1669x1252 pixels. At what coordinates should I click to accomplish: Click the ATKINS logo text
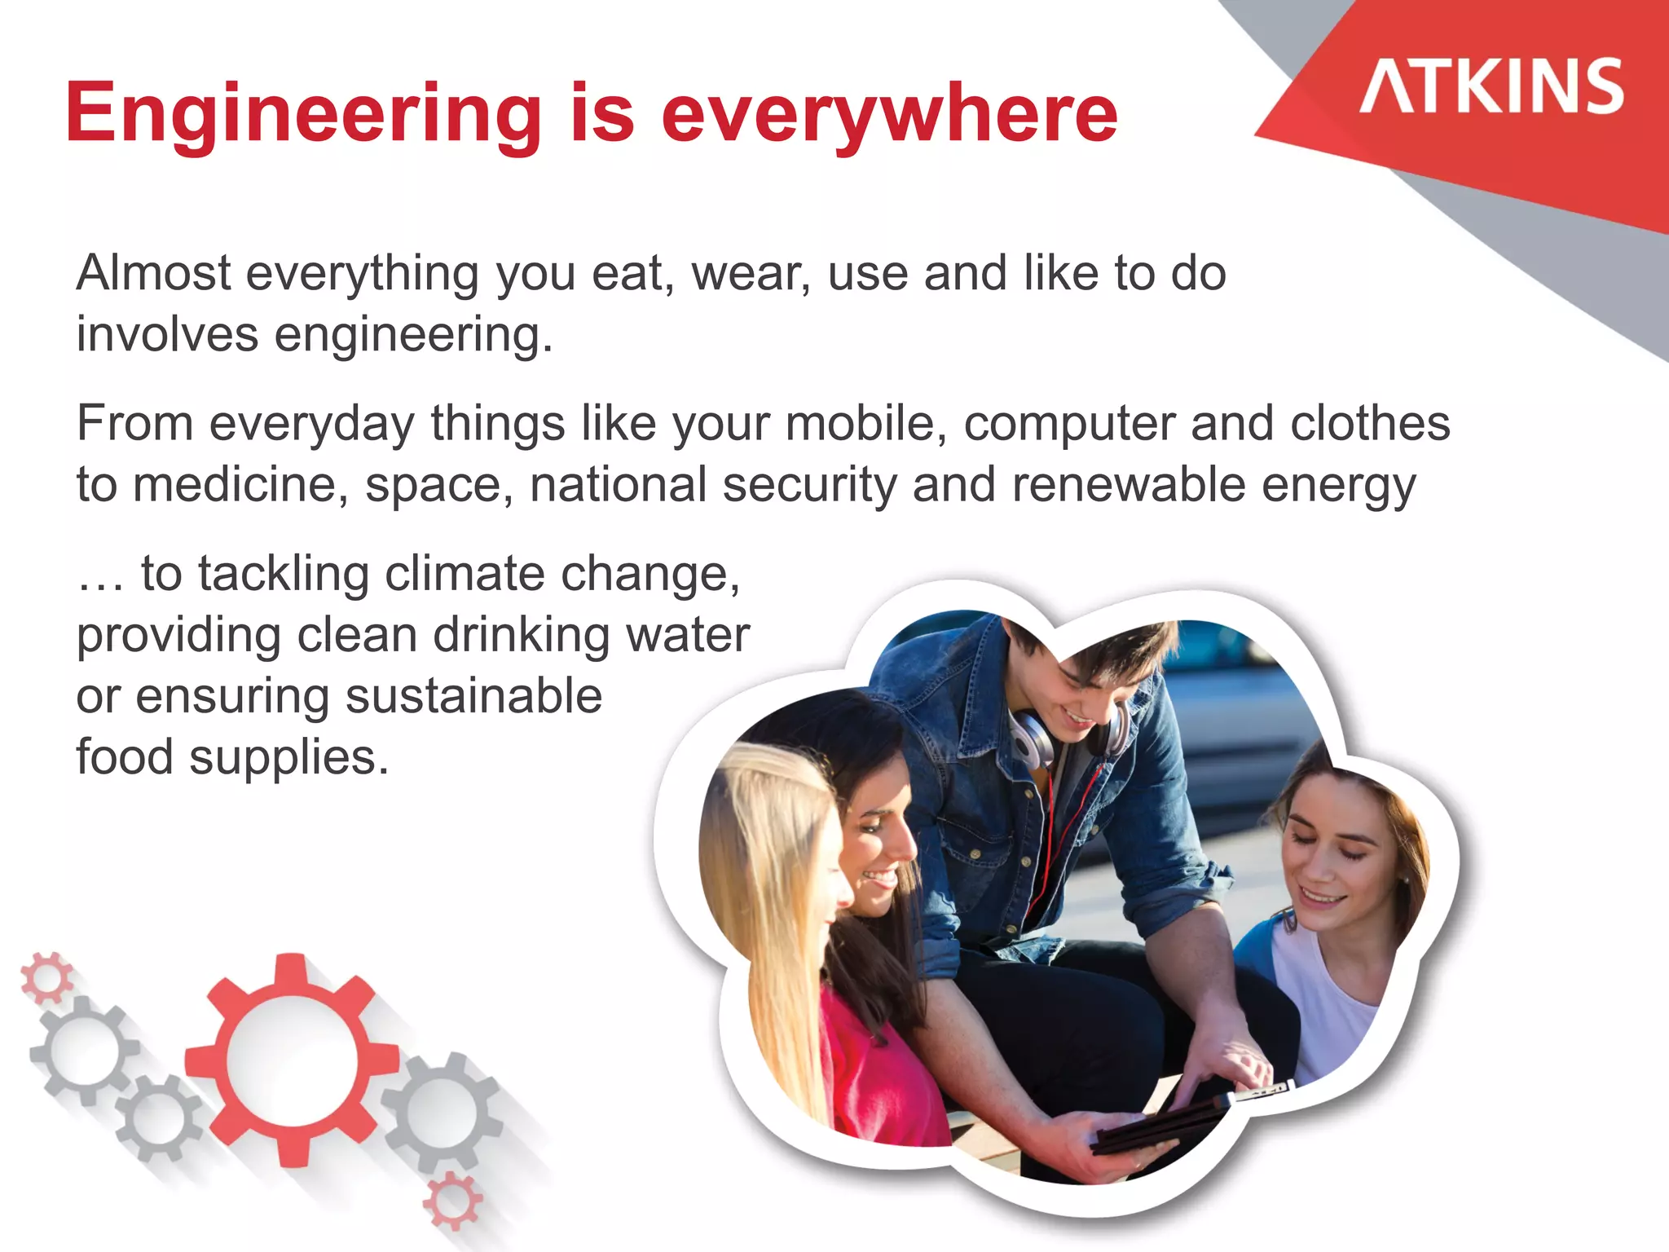[1491, 86]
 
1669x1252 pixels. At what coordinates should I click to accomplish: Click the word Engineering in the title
[303, 114]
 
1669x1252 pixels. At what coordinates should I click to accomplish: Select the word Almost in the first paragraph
[153, 273]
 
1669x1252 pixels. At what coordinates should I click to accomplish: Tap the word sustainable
[473, 696]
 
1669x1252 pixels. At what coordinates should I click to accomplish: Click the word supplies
[288, 758]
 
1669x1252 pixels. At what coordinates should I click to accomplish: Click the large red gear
[291, 1059]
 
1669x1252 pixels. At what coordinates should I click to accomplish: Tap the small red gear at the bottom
[452, 1201]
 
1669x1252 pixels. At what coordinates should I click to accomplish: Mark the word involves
[167, 334]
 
